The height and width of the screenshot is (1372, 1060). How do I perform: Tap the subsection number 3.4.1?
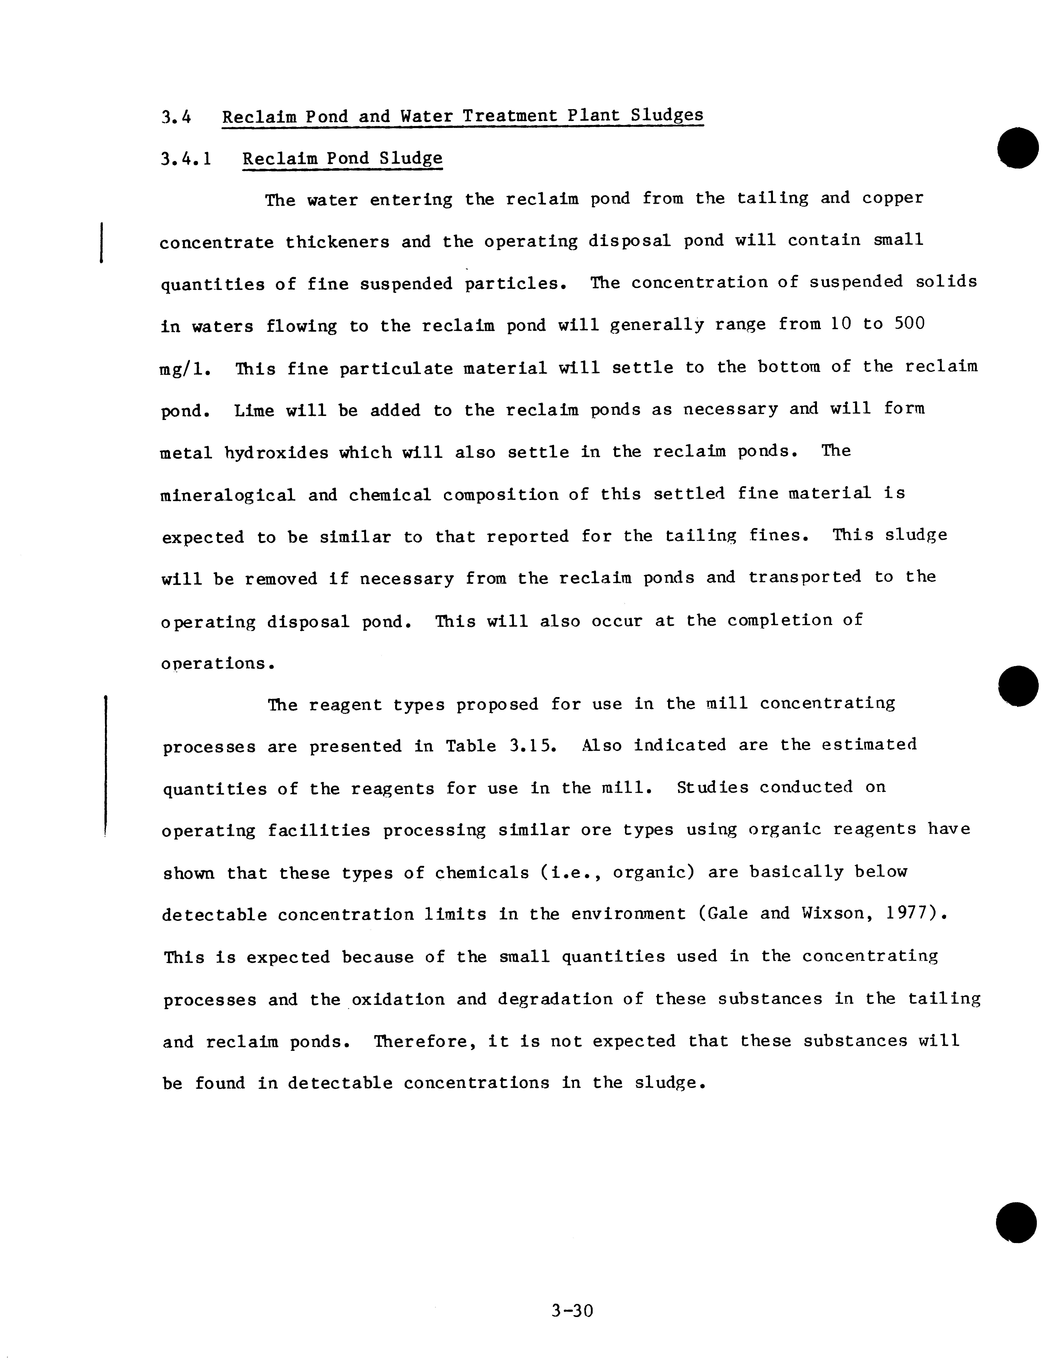186,159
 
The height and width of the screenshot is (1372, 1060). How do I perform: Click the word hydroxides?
276,453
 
